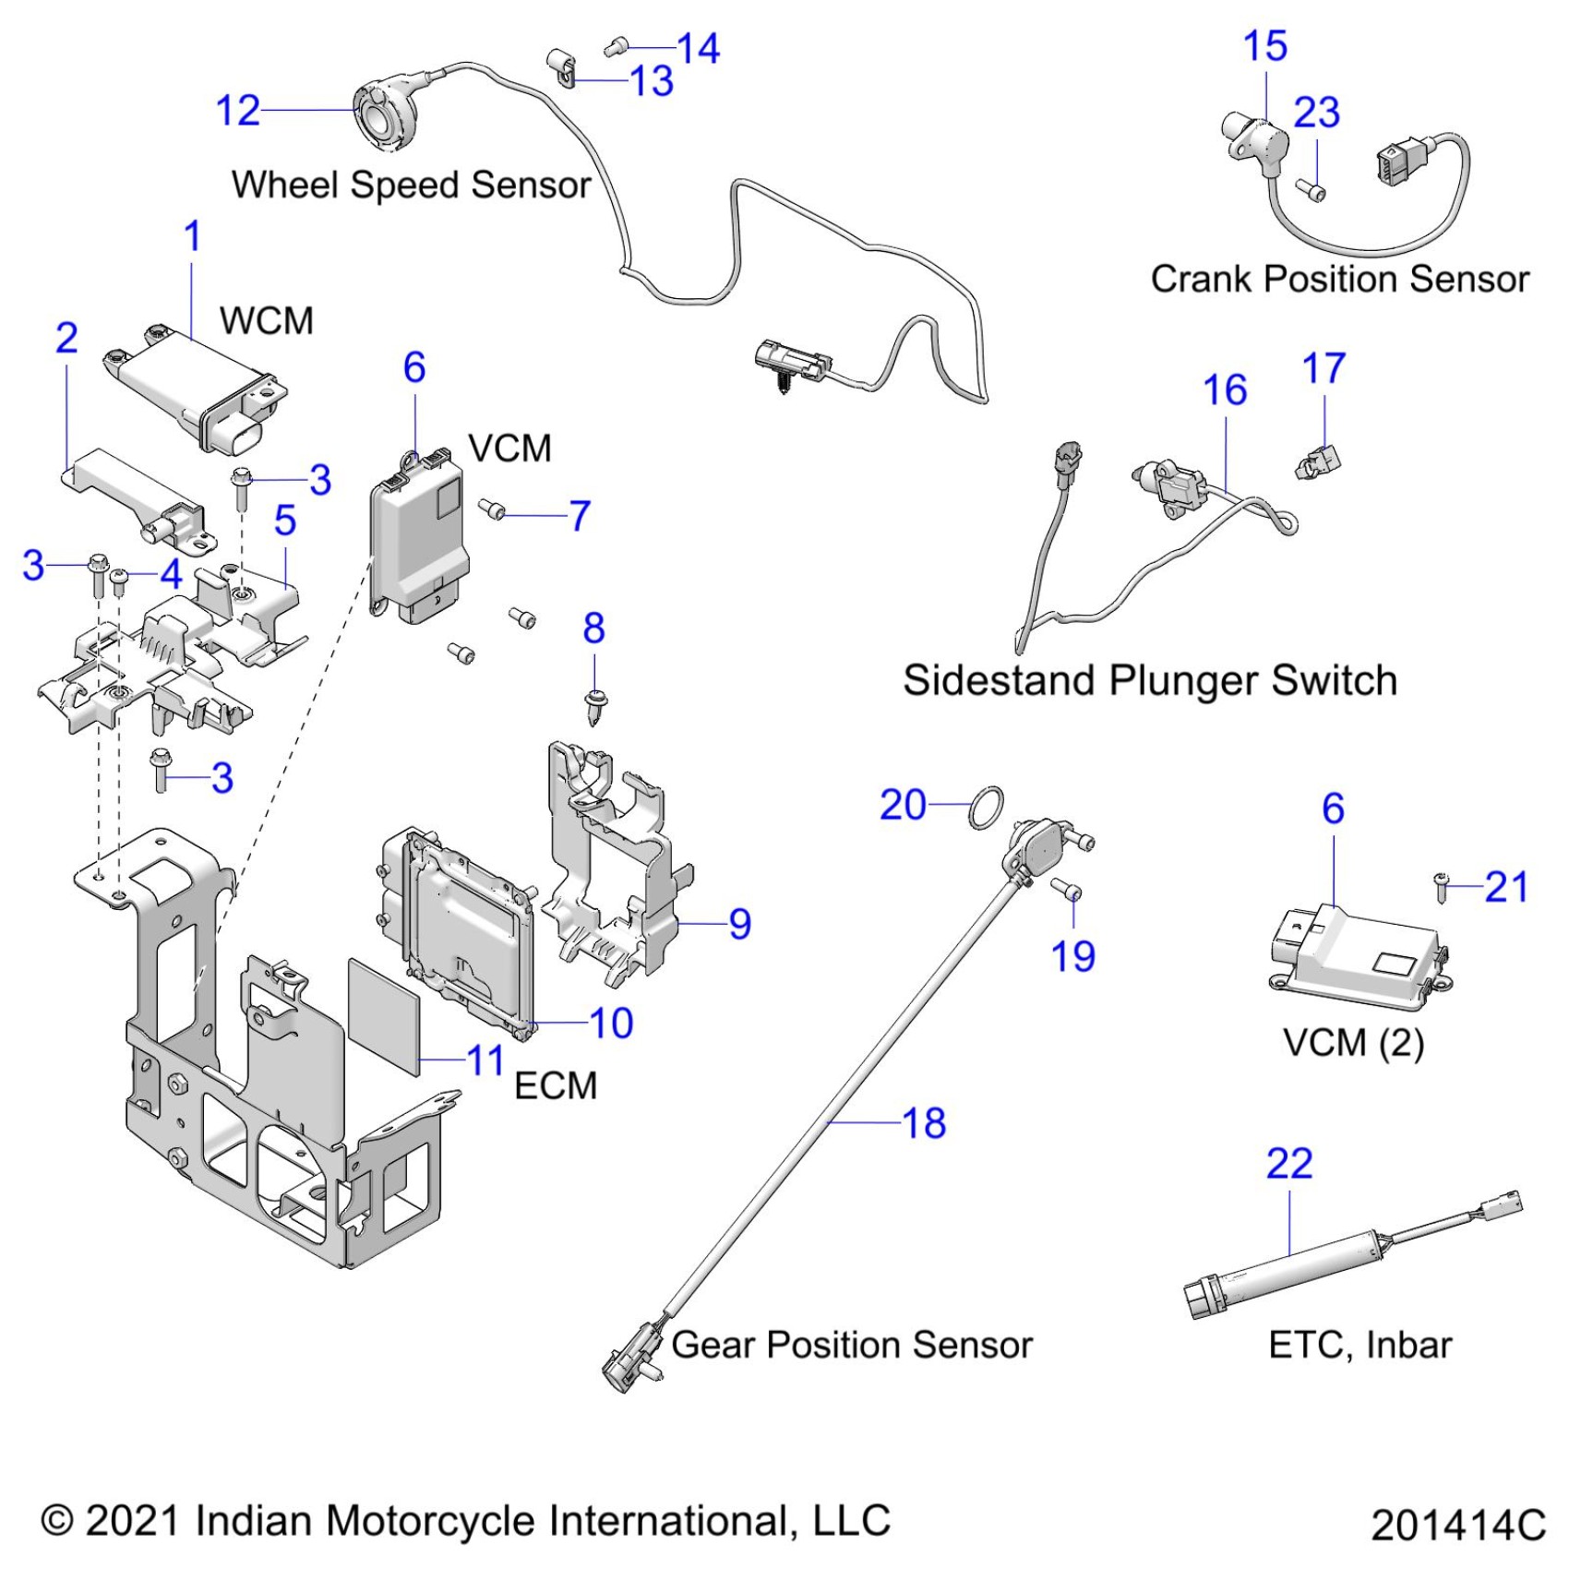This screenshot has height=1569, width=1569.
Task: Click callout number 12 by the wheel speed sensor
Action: click(238, 112)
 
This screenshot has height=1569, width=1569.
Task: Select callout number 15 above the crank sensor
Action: click(1264, 46)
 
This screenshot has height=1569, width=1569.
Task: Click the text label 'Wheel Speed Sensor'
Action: click(411, 185)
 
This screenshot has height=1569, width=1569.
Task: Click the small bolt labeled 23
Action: click(1313, 191)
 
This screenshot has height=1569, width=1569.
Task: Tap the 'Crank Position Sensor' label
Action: click(1339, 279)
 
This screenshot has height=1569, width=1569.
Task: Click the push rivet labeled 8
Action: click(596, 706)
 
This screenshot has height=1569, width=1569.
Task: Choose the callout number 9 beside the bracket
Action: click(740, 924)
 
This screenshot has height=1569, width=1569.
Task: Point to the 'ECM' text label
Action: click(556, 1085)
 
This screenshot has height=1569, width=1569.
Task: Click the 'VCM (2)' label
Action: click(1353, 1044)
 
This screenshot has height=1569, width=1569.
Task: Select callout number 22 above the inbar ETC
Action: click(1289, 1164)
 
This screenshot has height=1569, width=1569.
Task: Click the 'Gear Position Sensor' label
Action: click(851, 1345)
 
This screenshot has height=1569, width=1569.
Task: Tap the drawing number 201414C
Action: click(1458, 1525)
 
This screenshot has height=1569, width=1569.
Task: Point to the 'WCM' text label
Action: click(267, 321)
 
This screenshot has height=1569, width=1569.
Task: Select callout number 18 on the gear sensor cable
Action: click(924, 1123)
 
